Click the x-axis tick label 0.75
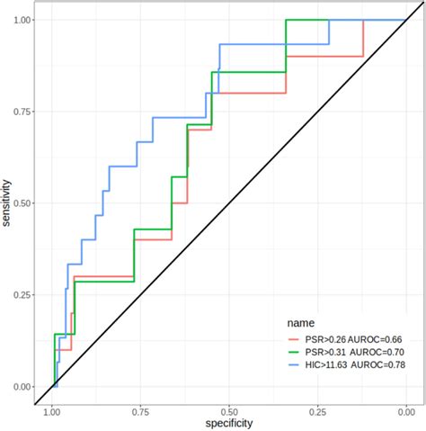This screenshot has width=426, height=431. coord(140,409)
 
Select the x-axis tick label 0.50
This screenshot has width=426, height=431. coord(228,409)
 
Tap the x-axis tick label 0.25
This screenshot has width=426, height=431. coord(316,409)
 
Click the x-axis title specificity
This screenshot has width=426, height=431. coord(228,423)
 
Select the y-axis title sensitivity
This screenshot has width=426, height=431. coord(8,203)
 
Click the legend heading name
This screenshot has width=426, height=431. coord(300,321)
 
